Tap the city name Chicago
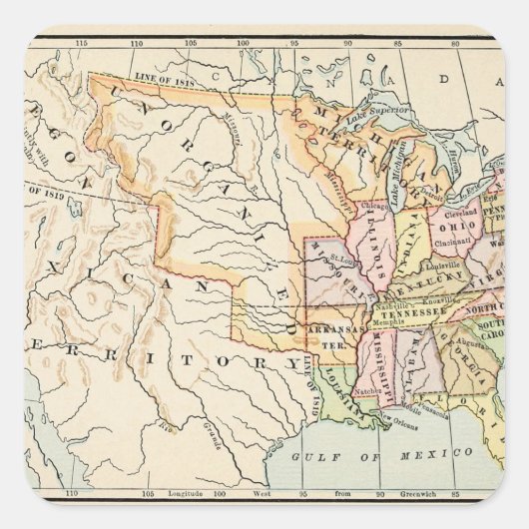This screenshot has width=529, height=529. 376,206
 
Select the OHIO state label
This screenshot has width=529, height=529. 449,226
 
